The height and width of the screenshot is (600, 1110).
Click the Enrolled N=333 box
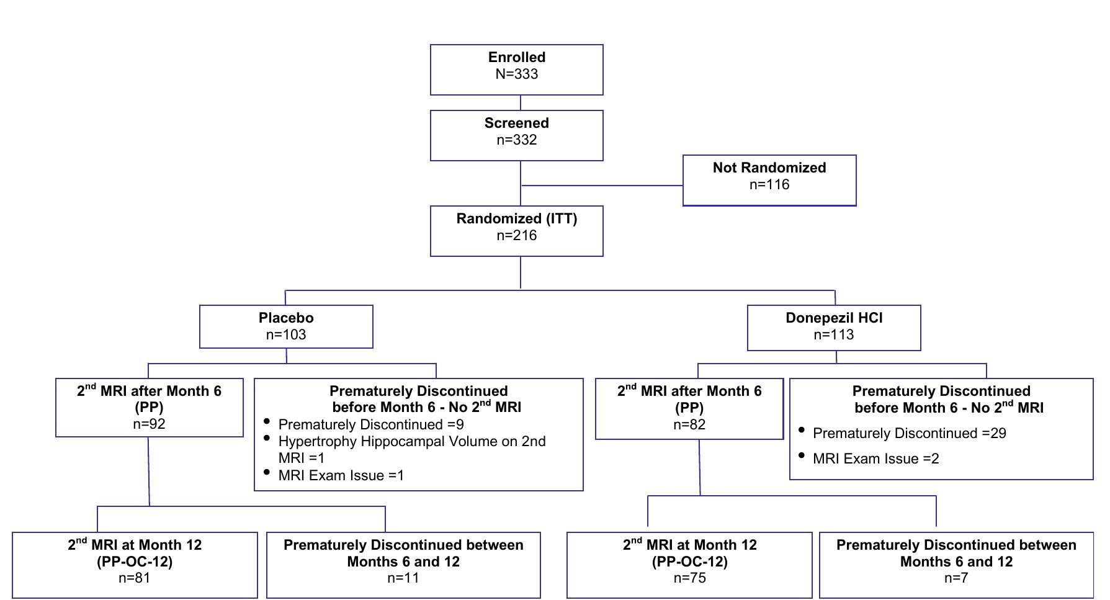click(x=516, y=69)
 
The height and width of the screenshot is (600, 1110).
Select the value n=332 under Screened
click(x=516, y=140)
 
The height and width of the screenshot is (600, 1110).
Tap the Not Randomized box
click(x=769, y=180)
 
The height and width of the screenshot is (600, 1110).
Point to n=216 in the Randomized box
click(x=516, y=236)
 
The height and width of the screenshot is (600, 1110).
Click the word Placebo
click(x=286, y=318)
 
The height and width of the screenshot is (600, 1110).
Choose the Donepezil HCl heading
click(x=833, y=318)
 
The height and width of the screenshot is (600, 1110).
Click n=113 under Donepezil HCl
click(x=833, y=335)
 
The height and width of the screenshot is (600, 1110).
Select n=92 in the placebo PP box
click(x=149, y=424)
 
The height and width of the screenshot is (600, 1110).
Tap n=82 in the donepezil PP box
click(x=689, y=425)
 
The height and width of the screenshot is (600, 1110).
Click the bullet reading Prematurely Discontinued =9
click(x=370, y=425)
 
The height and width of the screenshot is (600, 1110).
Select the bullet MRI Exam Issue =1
click(x=341, y=476)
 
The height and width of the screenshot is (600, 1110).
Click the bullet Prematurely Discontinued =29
click(x=909, y=434)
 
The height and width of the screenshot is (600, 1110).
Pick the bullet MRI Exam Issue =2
click(x=875, y=459)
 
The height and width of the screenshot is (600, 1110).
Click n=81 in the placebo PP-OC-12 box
click(x=134, y=578)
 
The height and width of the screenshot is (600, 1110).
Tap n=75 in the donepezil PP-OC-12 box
click(x=689, y=578)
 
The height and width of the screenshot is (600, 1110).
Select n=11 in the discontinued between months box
click(x=403, y=578)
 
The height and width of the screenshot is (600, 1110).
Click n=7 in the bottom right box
click(x=956, y=578)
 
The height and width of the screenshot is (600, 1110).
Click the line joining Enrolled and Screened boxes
click(x=520, y=103)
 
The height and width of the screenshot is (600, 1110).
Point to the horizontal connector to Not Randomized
click(x=602, y=186)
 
